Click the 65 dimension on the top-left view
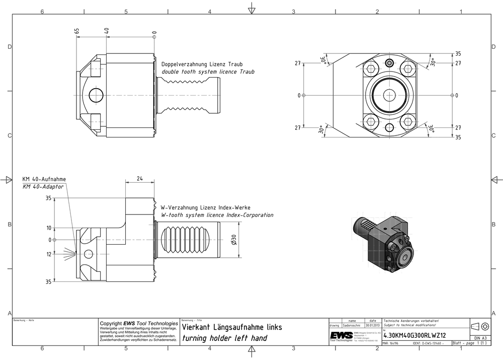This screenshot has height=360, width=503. click(x=76, y=31)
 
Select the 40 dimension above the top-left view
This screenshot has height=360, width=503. click(x=106, y=31)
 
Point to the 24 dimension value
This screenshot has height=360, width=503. click(x=139, y=178)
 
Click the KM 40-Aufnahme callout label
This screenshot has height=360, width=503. click(x=44, y=179)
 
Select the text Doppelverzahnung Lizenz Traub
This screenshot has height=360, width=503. click(x=202, y=64)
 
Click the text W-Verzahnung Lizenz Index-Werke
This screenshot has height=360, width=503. click(x=205, y=207)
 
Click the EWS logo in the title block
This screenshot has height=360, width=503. click(x=341, y=335)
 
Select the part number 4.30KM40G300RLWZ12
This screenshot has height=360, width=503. click(x=414, y=335)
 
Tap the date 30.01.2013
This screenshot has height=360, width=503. click(x=373, y=326)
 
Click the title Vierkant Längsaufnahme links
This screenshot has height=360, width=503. click(x=232, y=327)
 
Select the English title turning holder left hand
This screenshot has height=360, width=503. click(x=224, y=338)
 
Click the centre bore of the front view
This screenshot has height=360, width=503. click(x=389, y=95)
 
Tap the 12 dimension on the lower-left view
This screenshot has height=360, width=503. click(x=49, y=254)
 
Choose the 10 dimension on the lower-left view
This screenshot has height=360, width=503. click(x=49, y=228)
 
